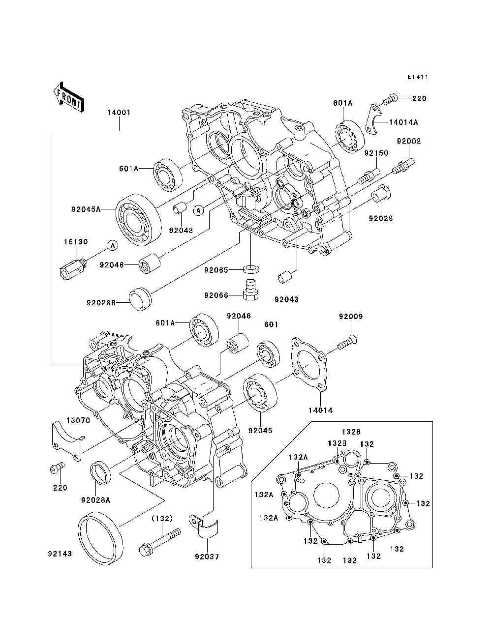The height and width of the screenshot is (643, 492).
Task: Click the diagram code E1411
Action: (418, 77)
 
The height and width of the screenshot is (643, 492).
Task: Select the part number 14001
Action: (119, 113)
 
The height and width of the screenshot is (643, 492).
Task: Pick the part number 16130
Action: (76, 242)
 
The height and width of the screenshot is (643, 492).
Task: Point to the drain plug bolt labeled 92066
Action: (250, 289)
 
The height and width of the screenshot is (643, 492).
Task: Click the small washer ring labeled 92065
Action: (251, 269)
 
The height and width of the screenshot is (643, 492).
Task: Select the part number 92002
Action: (409, 141)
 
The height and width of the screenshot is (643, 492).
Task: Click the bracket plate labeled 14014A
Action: (373, 119)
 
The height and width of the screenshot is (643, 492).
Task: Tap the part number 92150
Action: (376, 153)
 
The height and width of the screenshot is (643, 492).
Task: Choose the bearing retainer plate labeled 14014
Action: (309, 364)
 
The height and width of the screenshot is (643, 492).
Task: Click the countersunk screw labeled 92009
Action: (349, 343)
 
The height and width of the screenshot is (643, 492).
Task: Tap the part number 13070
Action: (78, 420)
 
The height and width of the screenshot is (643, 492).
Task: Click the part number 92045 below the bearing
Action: (260, 430)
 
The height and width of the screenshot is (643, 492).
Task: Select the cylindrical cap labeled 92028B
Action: (140, 298)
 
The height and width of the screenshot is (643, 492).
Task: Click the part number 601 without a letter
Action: (271, 324)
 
